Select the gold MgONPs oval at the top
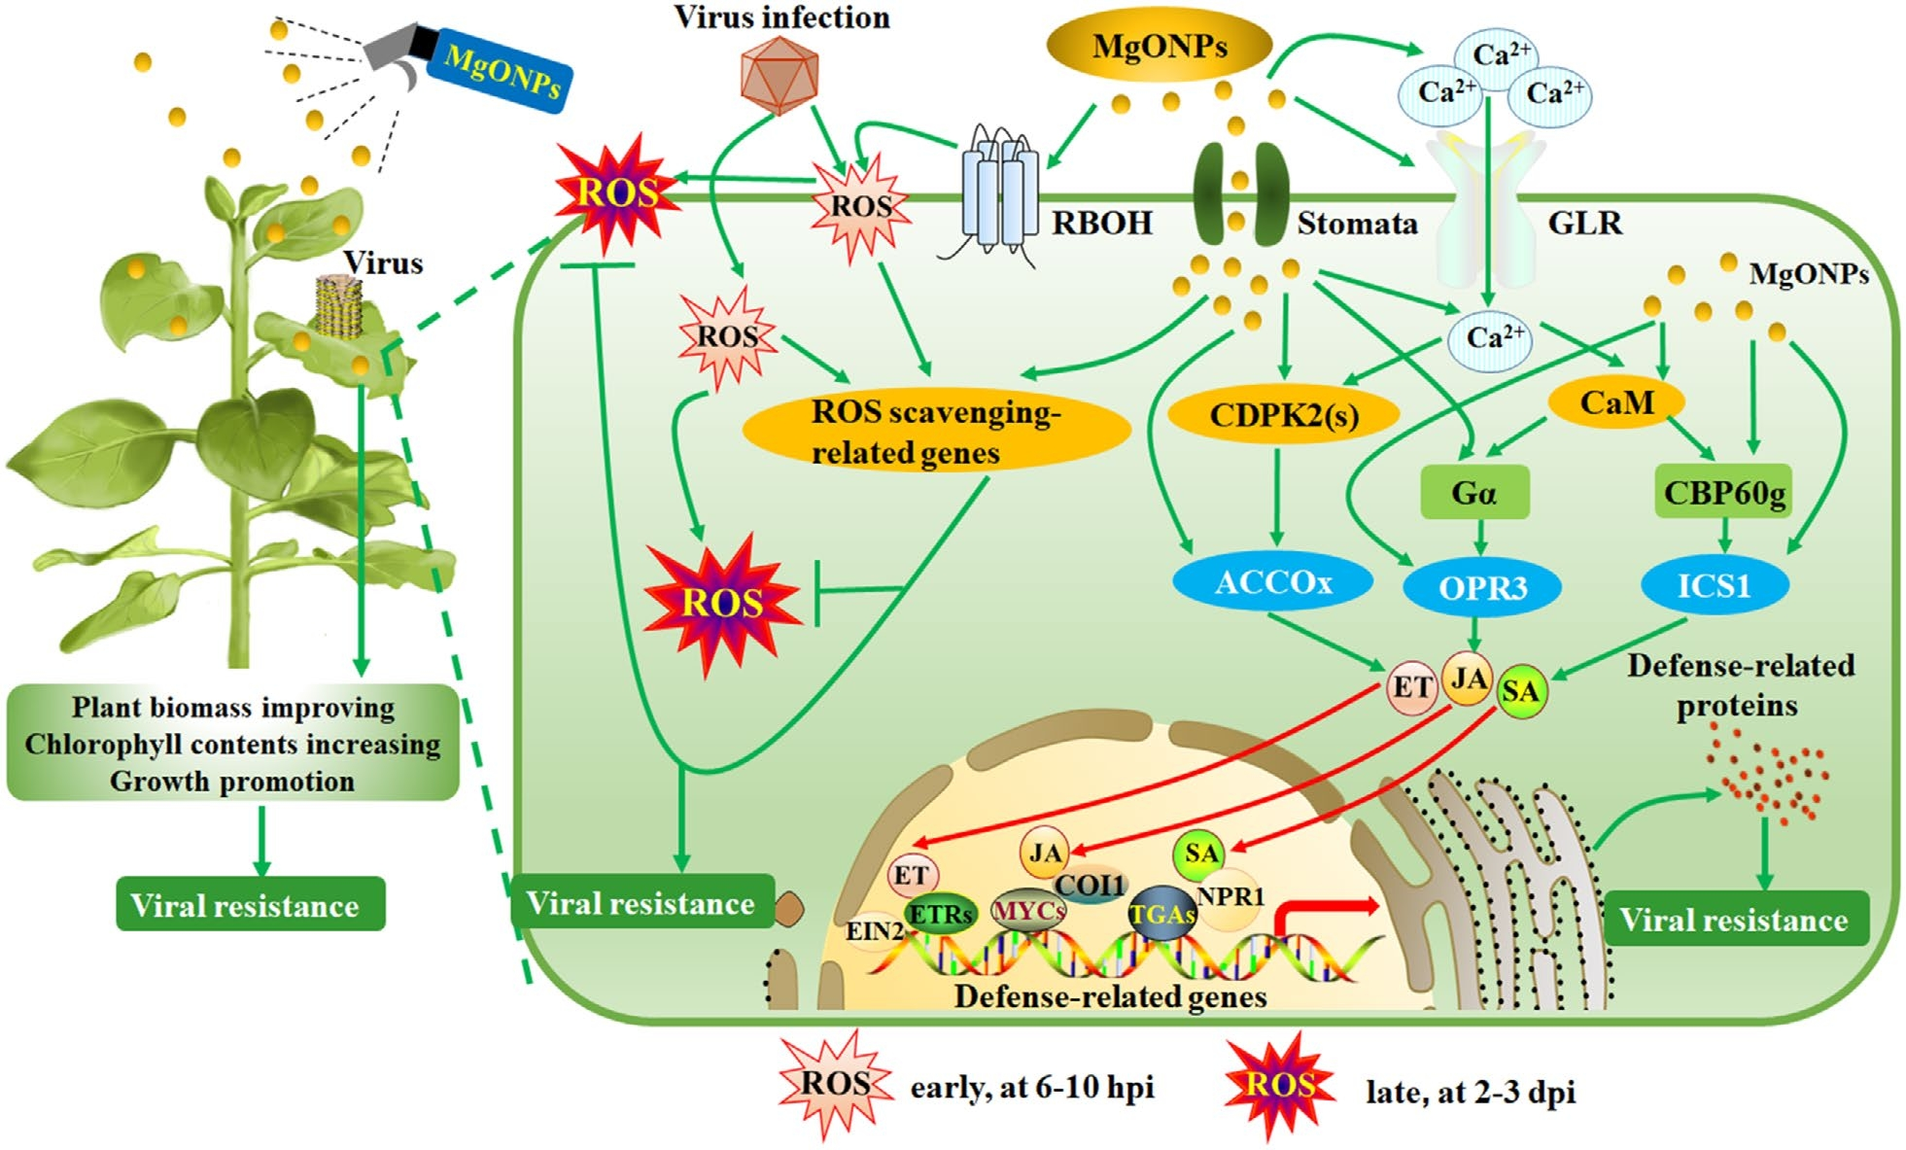[x=1159, y=46]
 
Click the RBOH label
[x=1101, y=224]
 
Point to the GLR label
[x=1584, y=224]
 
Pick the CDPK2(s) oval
[x=1283, y=415]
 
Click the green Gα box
[x=1473, y=493]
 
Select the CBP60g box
[x=1723, y=492]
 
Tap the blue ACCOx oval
[x=1272, y=582]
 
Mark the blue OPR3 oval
[x=1482, y=587]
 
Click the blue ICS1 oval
[x=1715, y=585]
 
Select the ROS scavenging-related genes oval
[x=935, y=432]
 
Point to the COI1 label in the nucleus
[x=1091, y=885]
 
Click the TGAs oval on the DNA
[x=1162, y=914]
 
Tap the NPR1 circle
[x=1230, y=897]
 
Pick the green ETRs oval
[x=939, y=914]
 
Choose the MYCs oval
[x=1027, y=911]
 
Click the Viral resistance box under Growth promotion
[x=250, y=905]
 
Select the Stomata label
[x=1357, y=224]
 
